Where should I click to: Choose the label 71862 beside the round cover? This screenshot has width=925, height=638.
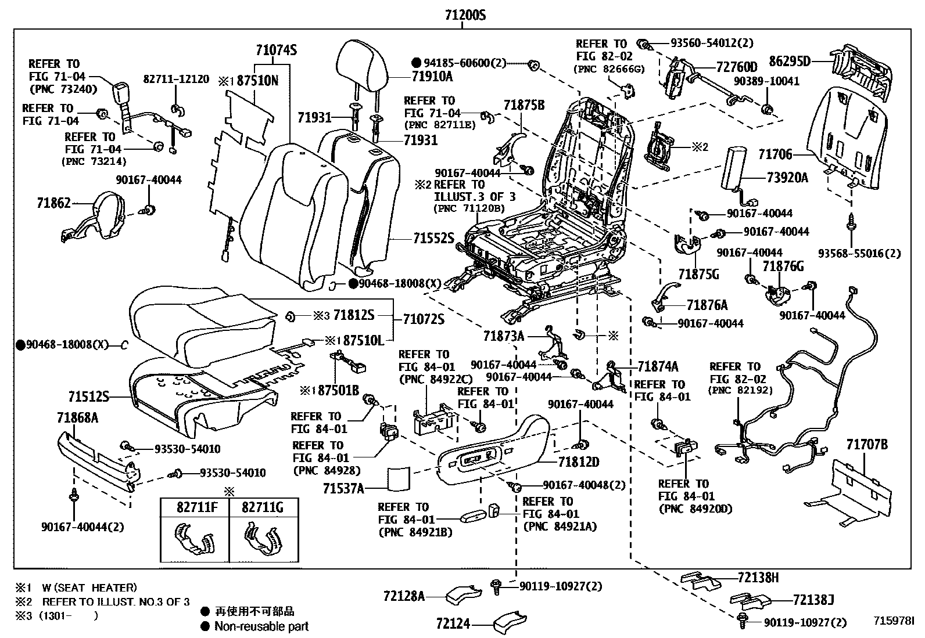click(53, 203)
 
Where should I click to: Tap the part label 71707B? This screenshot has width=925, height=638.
click(866, 445)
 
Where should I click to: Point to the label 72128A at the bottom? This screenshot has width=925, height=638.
click(404, 596)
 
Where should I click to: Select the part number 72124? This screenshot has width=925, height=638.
click(453, 624)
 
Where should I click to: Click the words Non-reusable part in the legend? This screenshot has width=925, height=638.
click(261, 626)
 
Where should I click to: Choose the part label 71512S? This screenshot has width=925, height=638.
click(88, 397)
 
